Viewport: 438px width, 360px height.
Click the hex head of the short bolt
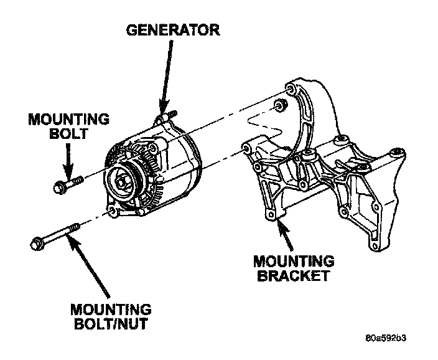[x=59, y=186]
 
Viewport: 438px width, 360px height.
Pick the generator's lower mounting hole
[x=111, y=212]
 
